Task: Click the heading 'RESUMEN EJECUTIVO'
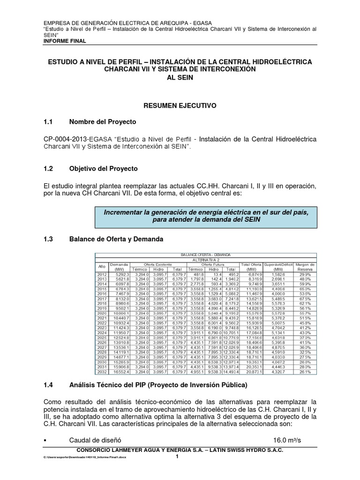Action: pos(180,106)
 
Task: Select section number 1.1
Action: pos(49,122)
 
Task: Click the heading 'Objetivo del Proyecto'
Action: pos(103,168)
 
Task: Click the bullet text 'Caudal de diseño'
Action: pos(95,440)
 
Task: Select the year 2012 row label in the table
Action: pos(102,274)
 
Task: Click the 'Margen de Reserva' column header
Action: pos(305,267)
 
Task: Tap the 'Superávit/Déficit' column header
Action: pos(278,265)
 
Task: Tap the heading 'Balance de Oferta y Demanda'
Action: pos(116,239)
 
